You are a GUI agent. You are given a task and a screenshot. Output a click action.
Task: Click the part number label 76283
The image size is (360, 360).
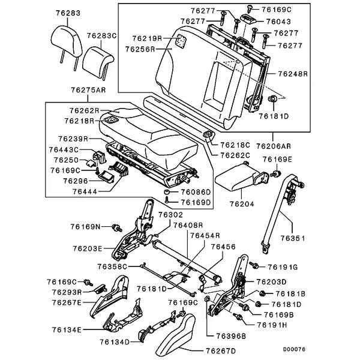[68, 13]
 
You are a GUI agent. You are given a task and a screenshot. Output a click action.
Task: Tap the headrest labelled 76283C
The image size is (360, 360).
[98, 62]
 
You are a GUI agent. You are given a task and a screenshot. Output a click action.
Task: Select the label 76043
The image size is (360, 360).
[278, 22]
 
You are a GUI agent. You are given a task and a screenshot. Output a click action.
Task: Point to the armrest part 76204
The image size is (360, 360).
[242, 176]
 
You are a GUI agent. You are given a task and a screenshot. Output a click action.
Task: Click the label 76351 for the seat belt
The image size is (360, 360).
[293, 238]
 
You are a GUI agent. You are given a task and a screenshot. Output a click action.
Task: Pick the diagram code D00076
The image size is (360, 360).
[294, 349]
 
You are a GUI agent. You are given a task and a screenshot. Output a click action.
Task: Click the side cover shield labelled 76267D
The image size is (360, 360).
[175, 335]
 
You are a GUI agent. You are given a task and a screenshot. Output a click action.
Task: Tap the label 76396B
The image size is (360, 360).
[231, 336]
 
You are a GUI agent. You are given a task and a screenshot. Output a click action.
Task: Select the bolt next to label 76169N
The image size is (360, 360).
[117, 228]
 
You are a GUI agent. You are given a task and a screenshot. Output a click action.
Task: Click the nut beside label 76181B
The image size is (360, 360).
[262, 293]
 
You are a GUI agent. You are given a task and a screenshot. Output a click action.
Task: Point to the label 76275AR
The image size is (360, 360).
[88, 90]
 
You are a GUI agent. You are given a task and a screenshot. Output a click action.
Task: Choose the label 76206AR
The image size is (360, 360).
[274, 146]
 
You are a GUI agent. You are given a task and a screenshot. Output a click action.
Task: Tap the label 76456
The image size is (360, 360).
[223, 247]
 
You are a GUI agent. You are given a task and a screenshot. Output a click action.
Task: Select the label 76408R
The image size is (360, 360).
[188, 225]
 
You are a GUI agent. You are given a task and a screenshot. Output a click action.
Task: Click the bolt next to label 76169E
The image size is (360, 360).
[276, 173]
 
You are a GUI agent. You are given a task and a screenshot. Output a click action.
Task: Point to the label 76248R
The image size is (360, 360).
[293, 74]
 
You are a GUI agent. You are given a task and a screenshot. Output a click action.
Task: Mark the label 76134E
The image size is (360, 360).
[67, 330]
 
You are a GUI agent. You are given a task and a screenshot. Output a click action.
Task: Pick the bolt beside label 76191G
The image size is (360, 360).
[254, 265]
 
